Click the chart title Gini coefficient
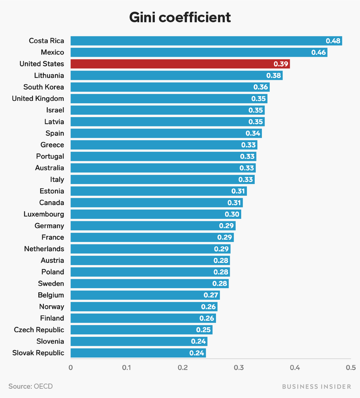[180, 17]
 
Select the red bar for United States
[180, 64]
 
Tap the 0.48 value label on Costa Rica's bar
[333, 41]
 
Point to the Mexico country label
[52, 53]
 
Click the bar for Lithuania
[175, 76]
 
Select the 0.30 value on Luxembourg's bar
[232, 214]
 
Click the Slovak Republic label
[38, 353]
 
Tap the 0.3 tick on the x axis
[238, 368]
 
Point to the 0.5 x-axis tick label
[351, 368]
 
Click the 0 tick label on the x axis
[71, 368]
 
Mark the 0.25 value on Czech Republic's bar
[203, 330]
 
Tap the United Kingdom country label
[38, 99]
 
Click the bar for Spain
[166, 133]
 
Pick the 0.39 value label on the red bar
[280, 64]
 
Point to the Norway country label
[51, 307]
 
